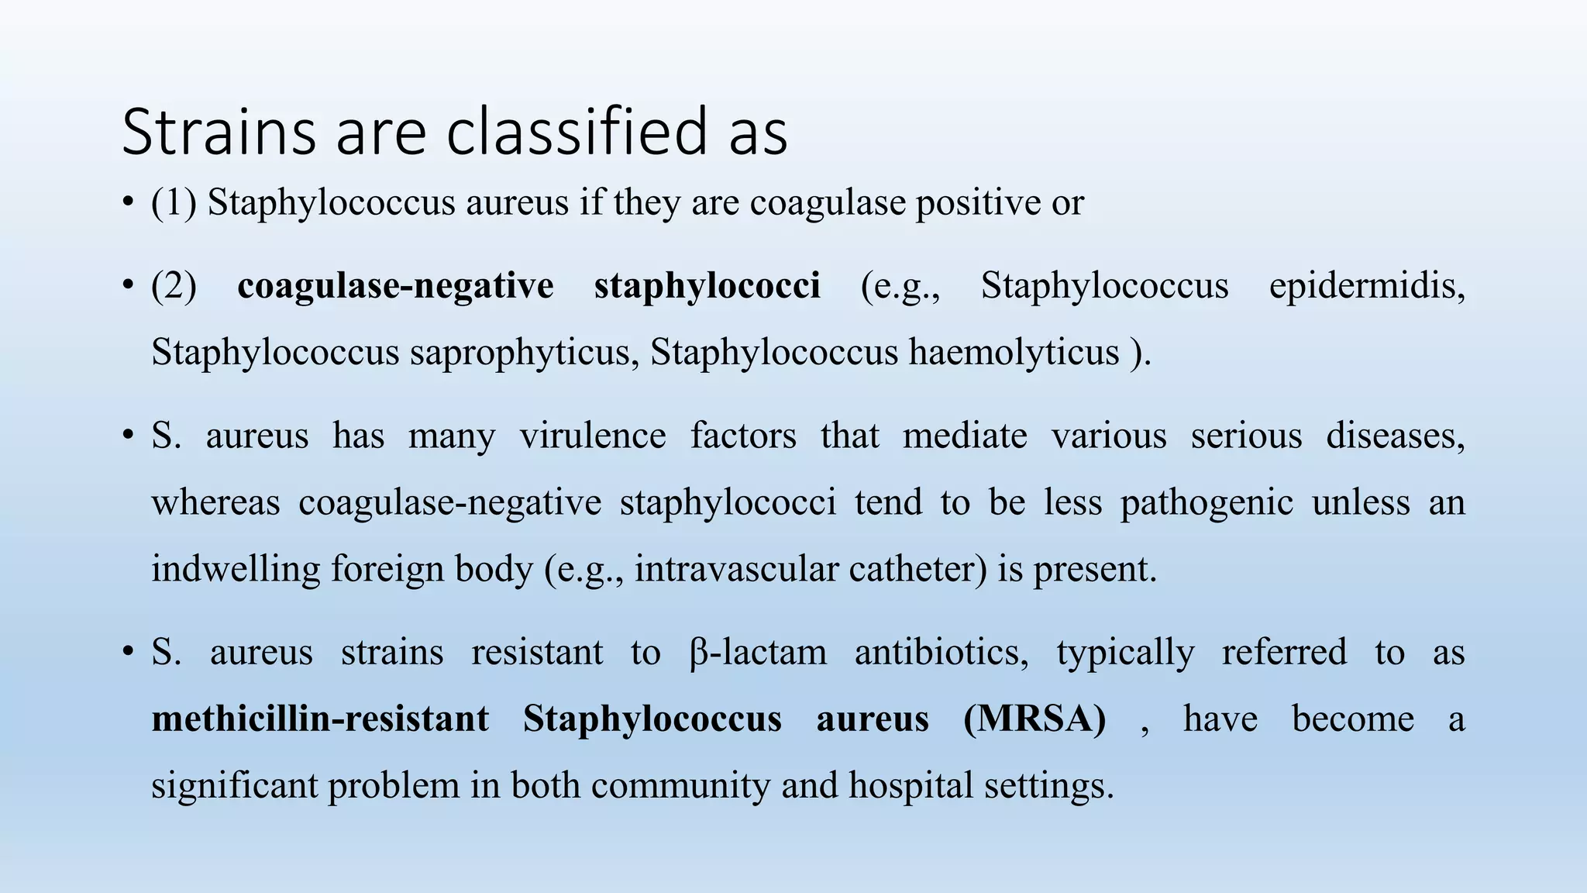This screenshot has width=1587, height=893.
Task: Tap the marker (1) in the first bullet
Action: (x=174, y=203)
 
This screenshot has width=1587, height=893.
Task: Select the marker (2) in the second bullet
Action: (x=174, y=286)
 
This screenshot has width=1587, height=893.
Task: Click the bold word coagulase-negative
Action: (x=395, y=286)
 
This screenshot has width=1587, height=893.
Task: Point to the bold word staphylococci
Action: (x=707, y=286)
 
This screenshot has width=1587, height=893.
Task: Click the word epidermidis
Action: (x=1366, y=286)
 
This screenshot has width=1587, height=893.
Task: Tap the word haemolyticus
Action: (x=1014, y=353)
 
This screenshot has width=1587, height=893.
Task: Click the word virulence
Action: (x=593, y=436)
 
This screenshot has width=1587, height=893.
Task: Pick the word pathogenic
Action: (x=1207, y=502)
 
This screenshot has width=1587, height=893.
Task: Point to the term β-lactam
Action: (x=757, y=653)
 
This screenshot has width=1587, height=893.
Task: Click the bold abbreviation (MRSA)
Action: (x=1034, y=719)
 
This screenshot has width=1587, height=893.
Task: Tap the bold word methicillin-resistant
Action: (x=320, y=719)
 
